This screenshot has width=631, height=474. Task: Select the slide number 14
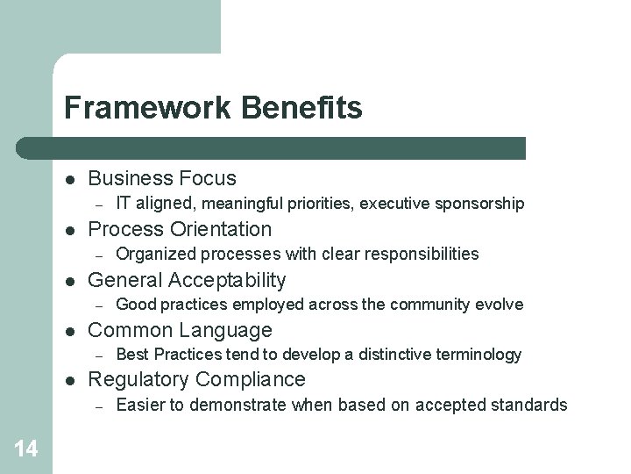point(26,449)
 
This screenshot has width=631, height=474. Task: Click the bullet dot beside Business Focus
point(69,179)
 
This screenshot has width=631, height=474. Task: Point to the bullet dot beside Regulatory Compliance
point(69,381)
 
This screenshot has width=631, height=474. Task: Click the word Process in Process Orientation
point(126,230)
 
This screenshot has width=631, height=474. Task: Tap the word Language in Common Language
point(230,331)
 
